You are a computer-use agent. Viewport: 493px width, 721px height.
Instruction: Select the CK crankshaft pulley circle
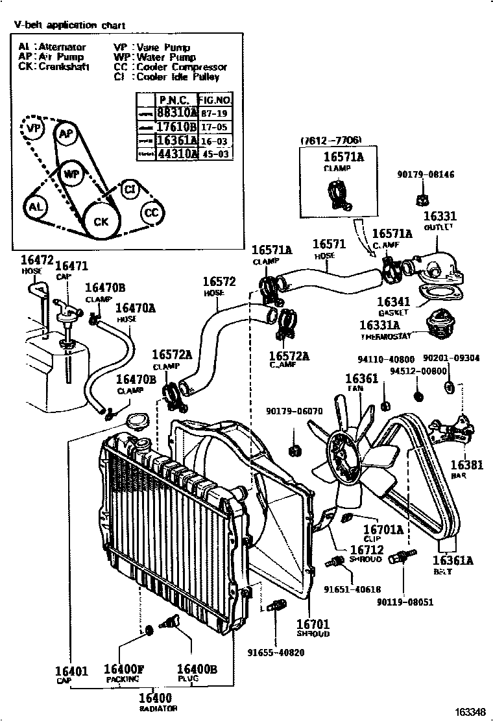101,221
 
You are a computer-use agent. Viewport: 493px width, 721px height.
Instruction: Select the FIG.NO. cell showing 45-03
214,154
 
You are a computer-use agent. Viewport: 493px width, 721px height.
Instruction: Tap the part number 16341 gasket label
392,301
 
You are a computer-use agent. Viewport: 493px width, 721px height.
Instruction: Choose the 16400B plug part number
197,670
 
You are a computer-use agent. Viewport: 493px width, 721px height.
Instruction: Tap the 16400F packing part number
124,670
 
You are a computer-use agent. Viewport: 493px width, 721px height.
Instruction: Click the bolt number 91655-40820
275,652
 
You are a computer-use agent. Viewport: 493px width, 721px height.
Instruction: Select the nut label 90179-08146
426,174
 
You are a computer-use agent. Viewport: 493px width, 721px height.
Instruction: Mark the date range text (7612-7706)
331,141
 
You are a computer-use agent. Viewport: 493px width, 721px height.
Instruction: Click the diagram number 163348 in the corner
468,712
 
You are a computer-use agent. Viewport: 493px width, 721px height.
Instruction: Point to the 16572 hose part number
219,282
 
